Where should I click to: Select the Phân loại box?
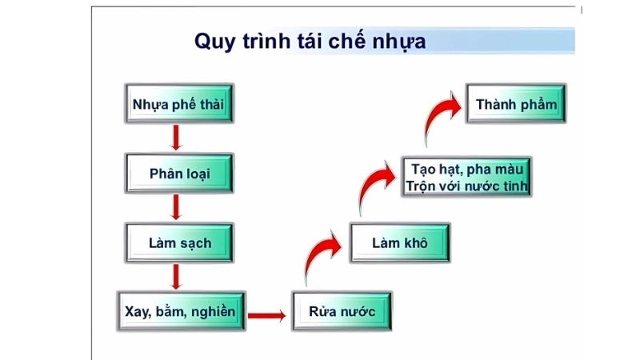point(180,174)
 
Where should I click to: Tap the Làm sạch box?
point(180,242)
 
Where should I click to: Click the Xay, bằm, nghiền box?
point(180,311)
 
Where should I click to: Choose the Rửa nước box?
point(342,311)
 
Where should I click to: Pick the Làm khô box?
point(399,242)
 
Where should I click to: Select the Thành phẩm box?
point(516,105)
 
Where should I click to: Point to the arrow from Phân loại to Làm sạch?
point(178,207)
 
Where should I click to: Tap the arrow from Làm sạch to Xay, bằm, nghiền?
point(178,276)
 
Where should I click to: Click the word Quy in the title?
point(215,42)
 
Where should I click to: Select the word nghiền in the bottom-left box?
point(213,311)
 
